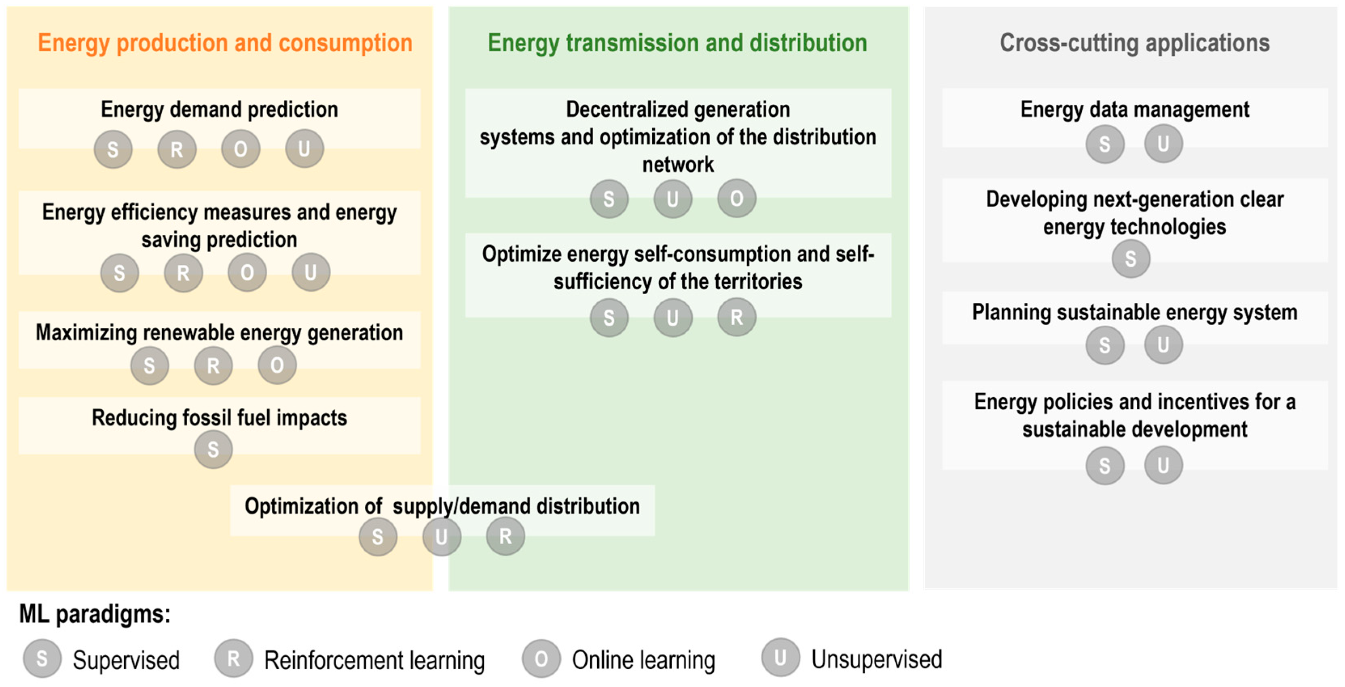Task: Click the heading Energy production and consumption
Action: [225, 43]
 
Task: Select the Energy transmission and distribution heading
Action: [677, 43]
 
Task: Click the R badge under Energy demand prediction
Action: [177, 150]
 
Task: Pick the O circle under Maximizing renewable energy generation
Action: [277, 365]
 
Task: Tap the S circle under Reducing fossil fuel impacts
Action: [213, 449]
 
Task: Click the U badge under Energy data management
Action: [1163, 143]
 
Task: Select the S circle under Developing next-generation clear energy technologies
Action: [1131, 258]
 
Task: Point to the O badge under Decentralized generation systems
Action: [737, 198]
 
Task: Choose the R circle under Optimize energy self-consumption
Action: [737, 317]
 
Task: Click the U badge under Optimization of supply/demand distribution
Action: [442, 536]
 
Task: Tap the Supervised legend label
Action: [126, 660]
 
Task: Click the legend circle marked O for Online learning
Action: [541, 659]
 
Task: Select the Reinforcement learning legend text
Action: [374, 660]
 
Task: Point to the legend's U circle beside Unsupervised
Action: [780, 658]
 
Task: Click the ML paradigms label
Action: [95, 614]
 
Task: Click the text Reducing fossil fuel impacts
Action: [219, 418]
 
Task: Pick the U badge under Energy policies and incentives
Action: [1163, 465]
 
